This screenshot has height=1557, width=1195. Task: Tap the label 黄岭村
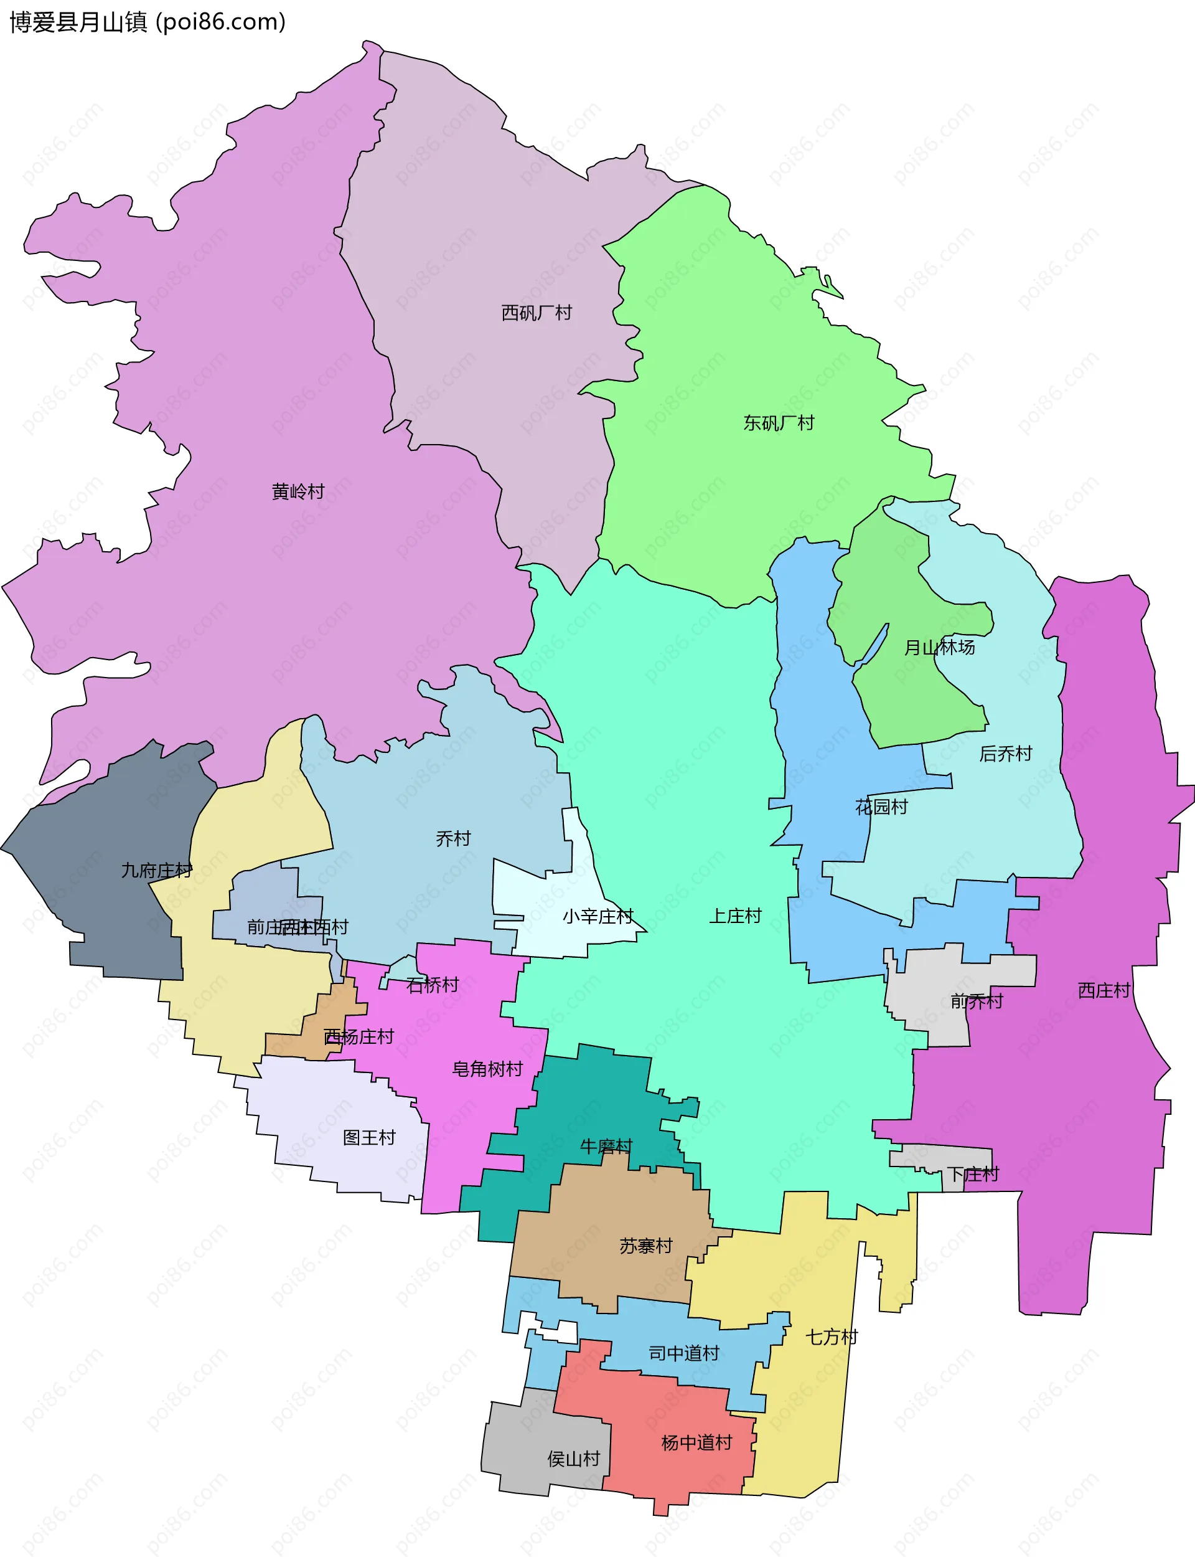tap(298, 492)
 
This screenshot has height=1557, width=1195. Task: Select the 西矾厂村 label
tap(537, 313)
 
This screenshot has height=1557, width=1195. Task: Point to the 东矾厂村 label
tap(779, 424)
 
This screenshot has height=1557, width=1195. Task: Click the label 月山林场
tap(939, 648)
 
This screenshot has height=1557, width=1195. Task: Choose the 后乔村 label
tap(1005, 754)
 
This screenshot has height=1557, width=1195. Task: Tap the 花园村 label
tap(881, 807)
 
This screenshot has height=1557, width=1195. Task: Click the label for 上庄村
tap(735, 916)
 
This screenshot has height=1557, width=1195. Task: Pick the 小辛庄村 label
tap(597, 917)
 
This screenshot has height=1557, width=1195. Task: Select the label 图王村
tap(369, 1137)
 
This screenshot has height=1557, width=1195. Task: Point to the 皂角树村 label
tap(487, 1069)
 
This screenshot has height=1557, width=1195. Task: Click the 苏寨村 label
tap(646, 1246)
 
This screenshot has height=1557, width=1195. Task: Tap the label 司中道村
tap(684, 1353)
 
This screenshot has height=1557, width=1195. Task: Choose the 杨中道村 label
tap(696, 1442)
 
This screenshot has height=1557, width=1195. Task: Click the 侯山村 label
tap(573, 1459)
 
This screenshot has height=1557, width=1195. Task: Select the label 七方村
tap(832, 1337)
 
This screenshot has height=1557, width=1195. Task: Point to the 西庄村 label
tap(1104, 990)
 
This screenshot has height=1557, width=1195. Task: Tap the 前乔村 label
tap(977, 1002)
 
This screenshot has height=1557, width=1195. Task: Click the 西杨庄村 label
tap(358, 1037)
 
